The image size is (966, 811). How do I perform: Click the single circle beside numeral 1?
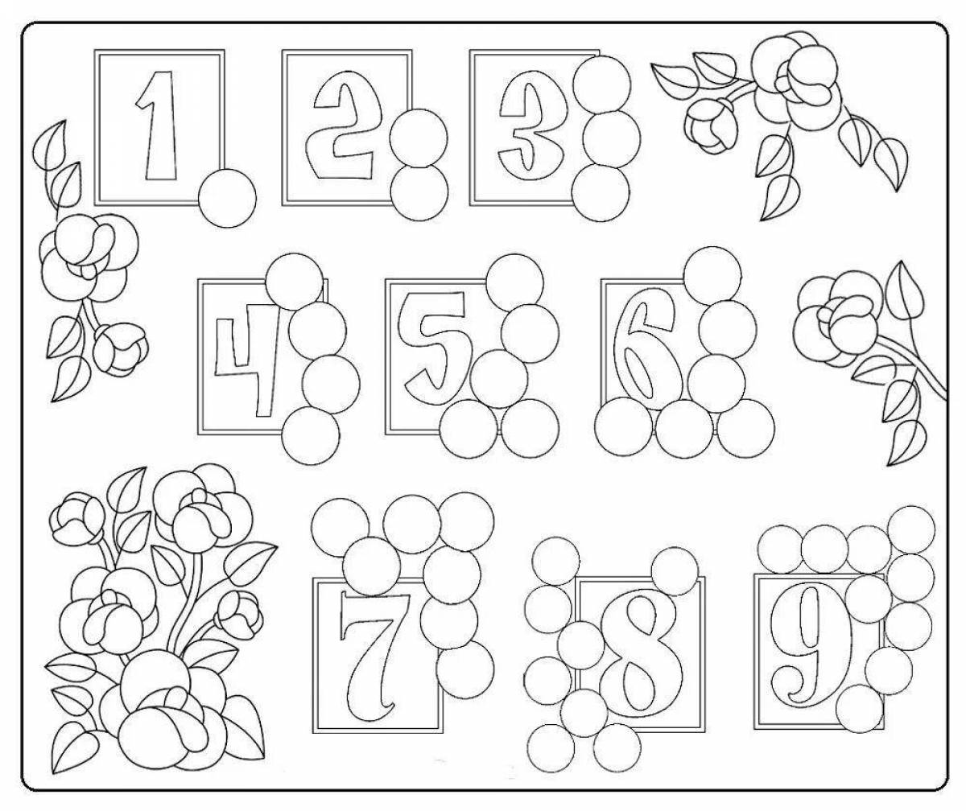click(x=227, y=198)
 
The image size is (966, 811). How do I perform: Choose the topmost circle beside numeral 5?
click(x=515, y=282)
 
